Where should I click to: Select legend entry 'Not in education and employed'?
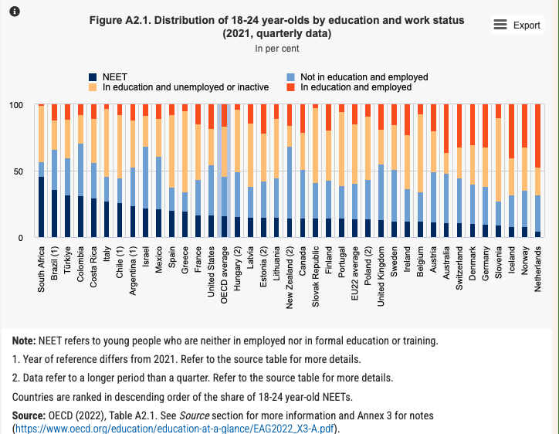click(363, 77)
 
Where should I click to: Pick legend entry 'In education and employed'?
click(356, 87)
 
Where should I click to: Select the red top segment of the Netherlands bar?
click(537, 136)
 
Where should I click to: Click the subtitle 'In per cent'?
click(276, 49)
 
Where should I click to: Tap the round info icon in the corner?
click(14, 11)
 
